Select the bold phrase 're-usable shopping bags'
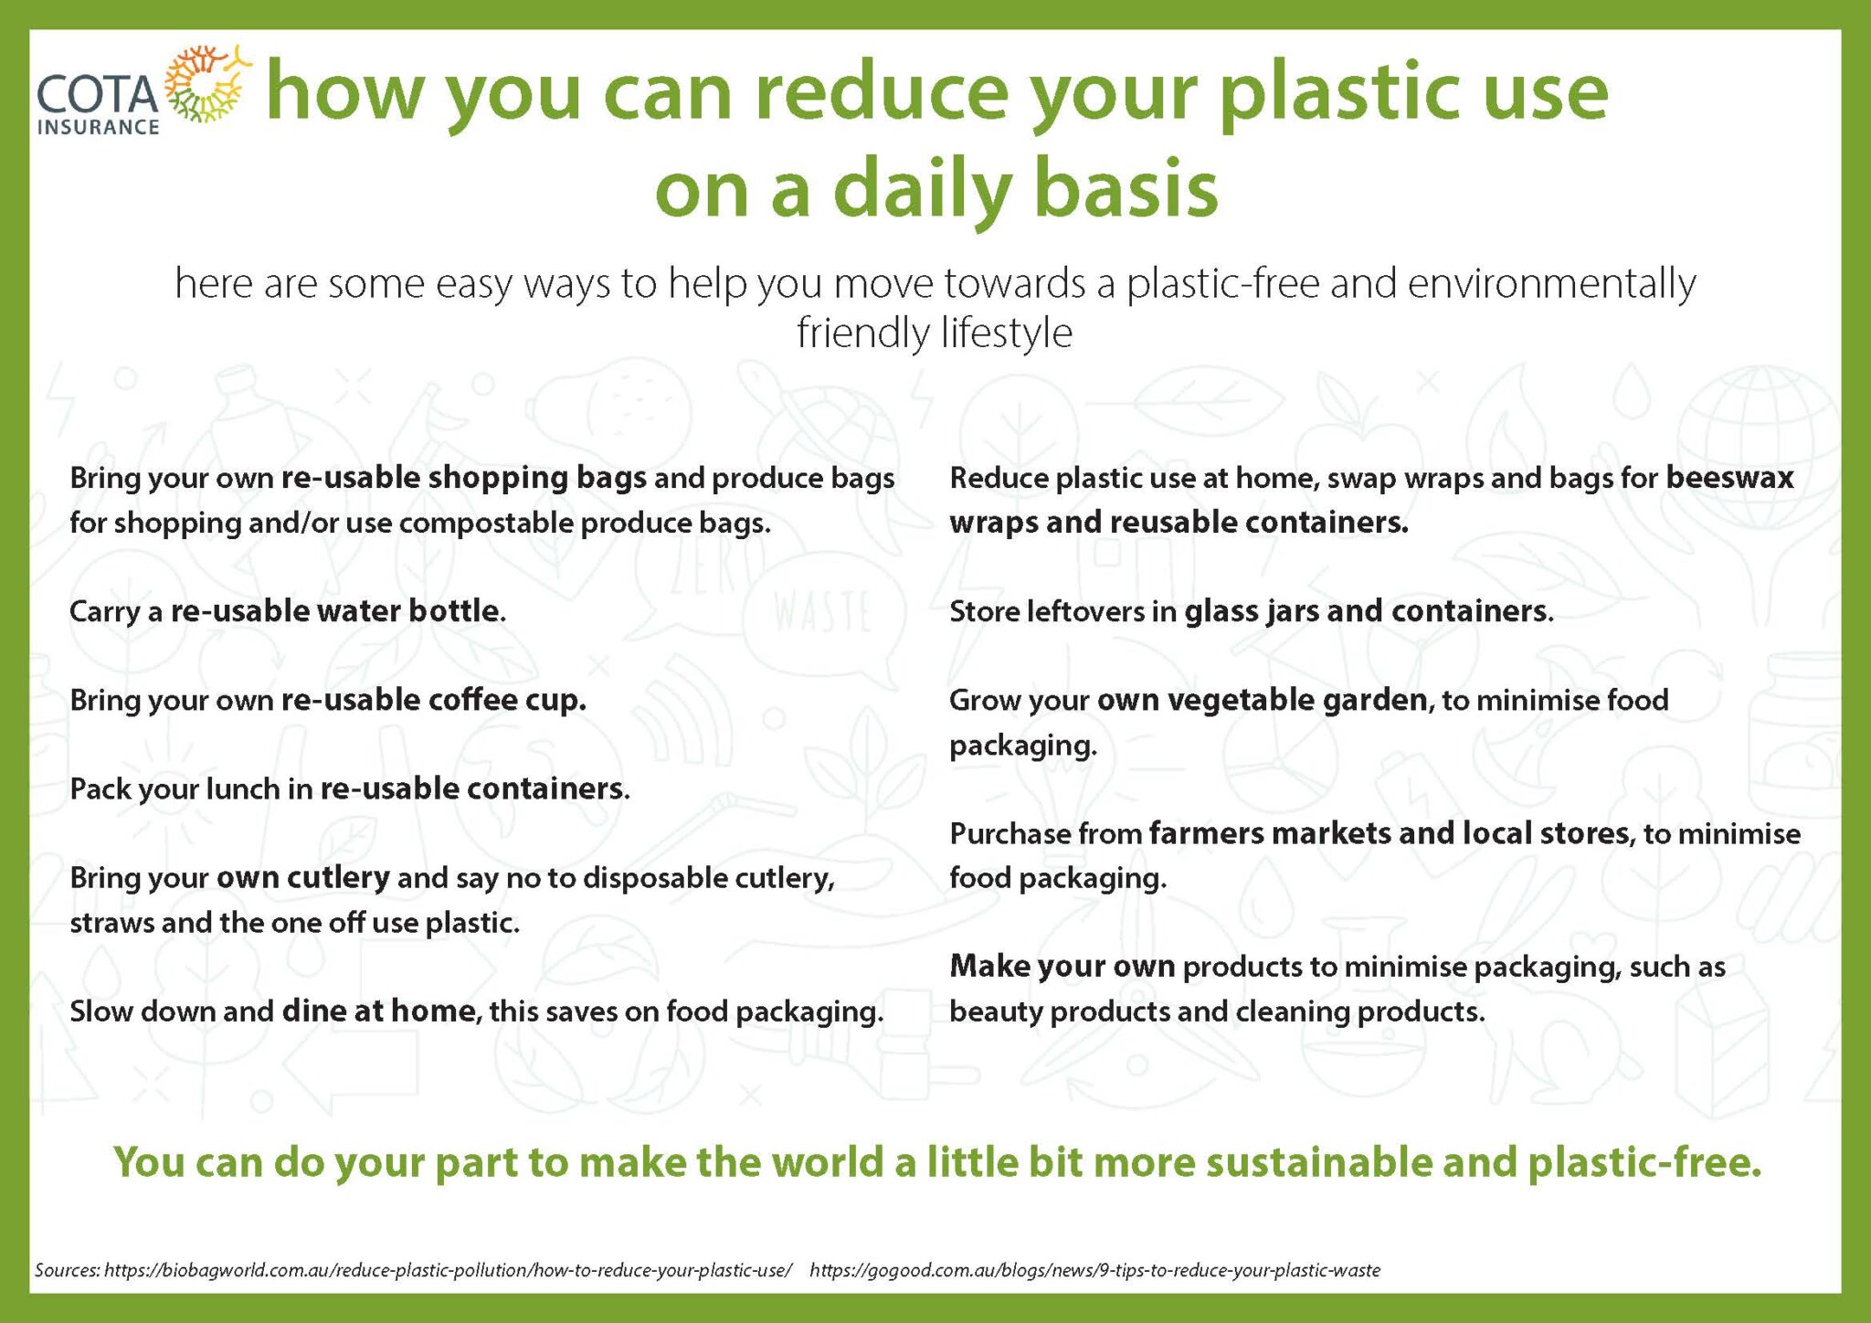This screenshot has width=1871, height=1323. pyautogui.click(x=464, y=477)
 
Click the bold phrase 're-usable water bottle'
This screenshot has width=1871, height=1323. pyautogui.click(x=335, y=610)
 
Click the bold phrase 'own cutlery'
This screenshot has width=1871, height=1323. pyautogui.click(x=303, y=877)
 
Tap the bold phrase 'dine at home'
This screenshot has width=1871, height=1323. pyautogui.click(x=378, y=1011)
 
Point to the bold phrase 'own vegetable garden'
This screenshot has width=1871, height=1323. pyautogui.click(x=1263, y=700)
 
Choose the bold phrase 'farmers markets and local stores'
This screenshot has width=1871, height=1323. pyautogui.click(x=1389, y=833)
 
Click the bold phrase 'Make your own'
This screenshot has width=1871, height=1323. pyautogui.click(x=1062, y=967)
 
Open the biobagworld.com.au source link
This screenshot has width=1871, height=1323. pyautogui.click(x=449, y=1270)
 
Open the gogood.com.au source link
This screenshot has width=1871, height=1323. pyautogui.click(x=1094, y=1270)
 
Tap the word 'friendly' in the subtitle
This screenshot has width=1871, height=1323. pyautogui.click(x=862, y=333)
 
